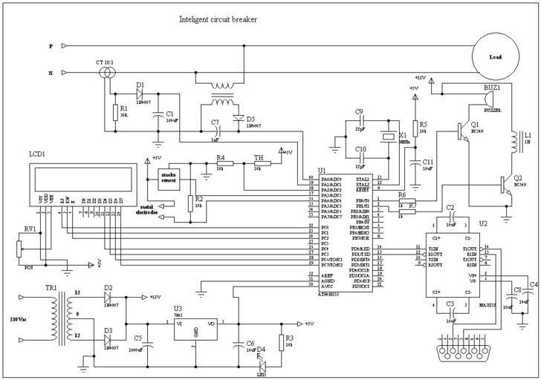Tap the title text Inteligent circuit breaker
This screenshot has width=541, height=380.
pos(218,19)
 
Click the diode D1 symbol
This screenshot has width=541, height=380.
pos(140,94)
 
